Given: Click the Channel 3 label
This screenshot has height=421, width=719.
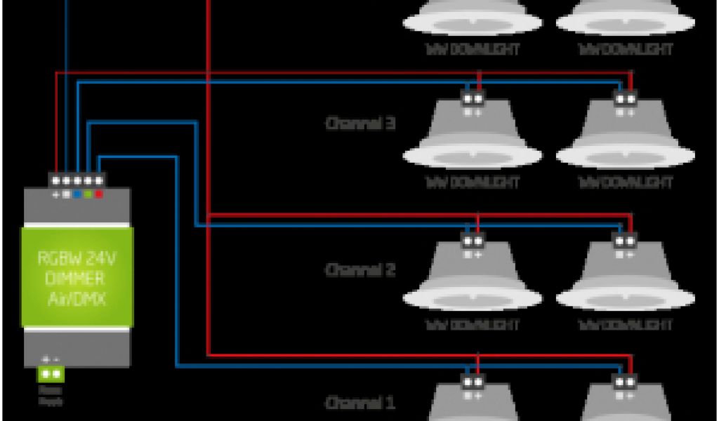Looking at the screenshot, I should coord(360,123).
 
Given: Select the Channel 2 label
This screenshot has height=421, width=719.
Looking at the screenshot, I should coord(360,269).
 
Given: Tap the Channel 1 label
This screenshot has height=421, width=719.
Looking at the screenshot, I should coord(360,403).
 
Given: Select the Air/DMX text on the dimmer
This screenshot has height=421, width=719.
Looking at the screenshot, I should coord(77,298).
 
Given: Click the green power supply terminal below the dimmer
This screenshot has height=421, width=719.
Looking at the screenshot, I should coord(51,375).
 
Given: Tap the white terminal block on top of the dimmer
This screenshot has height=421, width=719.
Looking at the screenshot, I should coord(77,180).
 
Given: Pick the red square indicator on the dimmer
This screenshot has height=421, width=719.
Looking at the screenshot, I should coord(99,193).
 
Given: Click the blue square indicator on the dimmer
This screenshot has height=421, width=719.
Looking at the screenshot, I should coord(77,193).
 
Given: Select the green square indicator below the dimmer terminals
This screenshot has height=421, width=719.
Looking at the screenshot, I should coord(88,193).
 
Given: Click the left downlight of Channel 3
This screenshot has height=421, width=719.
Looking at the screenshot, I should coord(472,137).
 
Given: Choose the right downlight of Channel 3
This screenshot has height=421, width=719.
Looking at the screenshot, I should coord(625,137).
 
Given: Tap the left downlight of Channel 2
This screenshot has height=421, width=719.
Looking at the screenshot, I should coord(472,281).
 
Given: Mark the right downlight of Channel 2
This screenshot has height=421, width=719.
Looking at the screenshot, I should coord(625,281).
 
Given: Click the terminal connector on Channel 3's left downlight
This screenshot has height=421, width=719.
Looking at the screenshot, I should coord(473,98).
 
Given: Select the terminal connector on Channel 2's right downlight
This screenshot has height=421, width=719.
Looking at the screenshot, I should coord(625,241).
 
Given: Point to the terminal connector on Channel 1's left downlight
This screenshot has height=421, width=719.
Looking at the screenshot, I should coord(473,382).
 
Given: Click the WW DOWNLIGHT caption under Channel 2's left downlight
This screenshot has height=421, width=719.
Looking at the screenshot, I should coord(472,325).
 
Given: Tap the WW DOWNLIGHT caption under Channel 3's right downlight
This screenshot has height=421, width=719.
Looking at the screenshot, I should coord(625,182).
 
